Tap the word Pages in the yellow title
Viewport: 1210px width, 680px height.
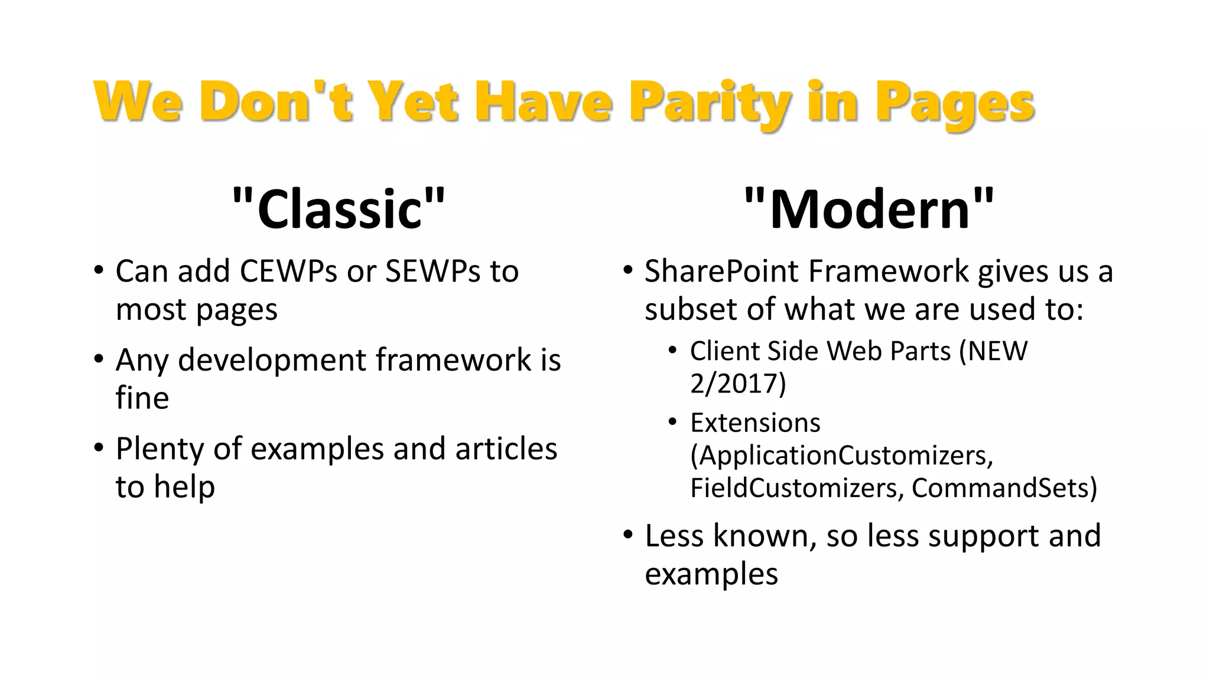tap(955, 103)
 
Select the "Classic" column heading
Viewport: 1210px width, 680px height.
tap(339, 208)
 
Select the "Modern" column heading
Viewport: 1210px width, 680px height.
tap(869, 208)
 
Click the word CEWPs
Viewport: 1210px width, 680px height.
tap(289, 272)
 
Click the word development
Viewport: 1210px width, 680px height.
tap(272, 360)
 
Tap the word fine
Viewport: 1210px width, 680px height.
tap(142, 398)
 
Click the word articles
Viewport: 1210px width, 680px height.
tap(506, 449)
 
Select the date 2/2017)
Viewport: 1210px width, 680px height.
tap(738, 384)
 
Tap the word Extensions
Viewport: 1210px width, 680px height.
tap(755, 423)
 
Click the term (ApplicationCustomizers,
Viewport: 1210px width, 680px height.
tap(841, 456)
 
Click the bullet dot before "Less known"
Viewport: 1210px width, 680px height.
tap(628, 535)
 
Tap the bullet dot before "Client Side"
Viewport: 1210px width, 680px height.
tap(672, 351)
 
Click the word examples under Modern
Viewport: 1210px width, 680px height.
tap(711, 574)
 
